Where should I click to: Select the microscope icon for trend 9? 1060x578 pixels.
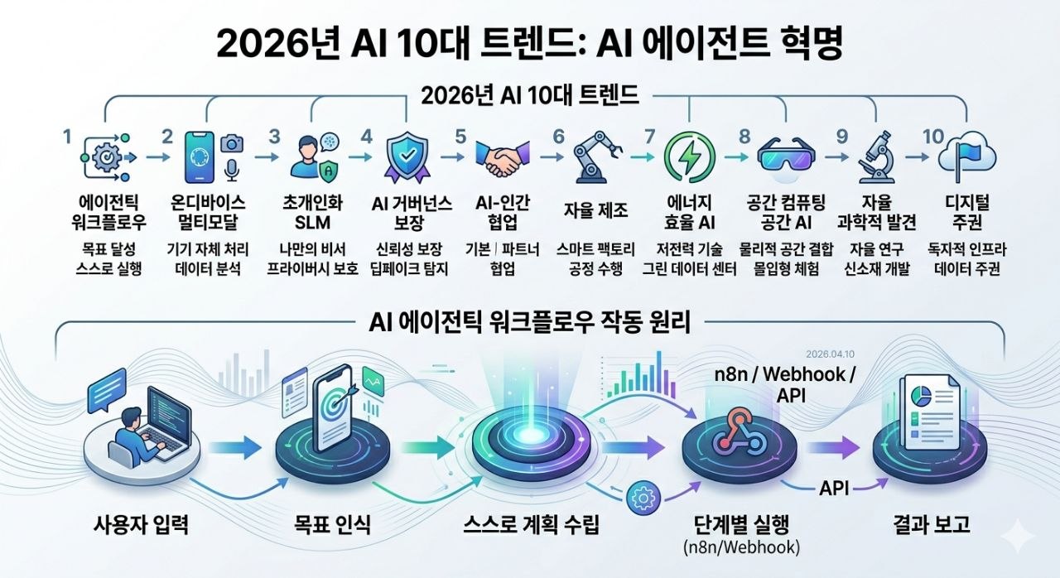point(873,157)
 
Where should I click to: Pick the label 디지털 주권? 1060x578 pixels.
point(966,212)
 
